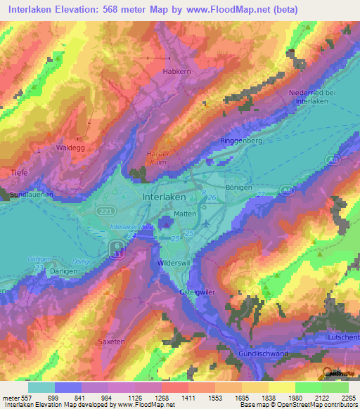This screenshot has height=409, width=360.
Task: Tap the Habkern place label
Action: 167,70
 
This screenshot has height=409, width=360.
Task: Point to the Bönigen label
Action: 238,188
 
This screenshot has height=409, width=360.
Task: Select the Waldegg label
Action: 70,148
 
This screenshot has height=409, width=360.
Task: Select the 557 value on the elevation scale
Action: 20,397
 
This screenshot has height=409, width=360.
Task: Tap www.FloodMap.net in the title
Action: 224,10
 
